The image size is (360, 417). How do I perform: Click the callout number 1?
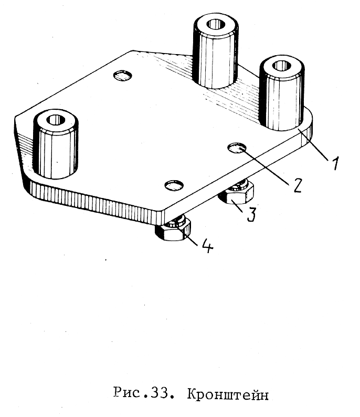click(x=335, y=163)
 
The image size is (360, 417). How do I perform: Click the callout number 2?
click(x=298, y=185)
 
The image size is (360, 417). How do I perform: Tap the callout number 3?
click(x=251, y=214)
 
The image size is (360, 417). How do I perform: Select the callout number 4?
click(x=207, y=245)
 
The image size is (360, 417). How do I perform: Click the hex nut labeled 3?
click(x=236, y=192)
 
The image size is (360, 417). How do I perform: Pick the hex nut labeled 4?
click(x=173, y=228)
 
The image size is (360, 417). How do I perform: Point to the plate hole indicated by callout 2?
click(x=237, y=148)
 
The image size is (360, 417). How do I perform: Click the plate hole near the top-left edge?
click(x=123, y=76)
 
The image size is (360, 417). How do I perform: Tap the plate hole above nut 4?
click(x=174, y=185)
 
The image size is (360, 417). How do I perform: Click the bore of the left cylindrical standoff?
click(x=56, y=120)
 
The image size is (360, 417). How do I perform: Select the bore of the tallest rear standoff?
click(x=216, y=24)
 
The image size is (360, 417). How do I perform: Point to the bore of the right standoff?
click(x=282, y=66)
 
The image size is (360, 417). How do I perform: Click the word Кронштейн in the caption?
click(x=228, y=394)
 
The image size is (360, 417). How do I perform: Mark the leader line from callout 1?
click(x=314, y=143)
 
